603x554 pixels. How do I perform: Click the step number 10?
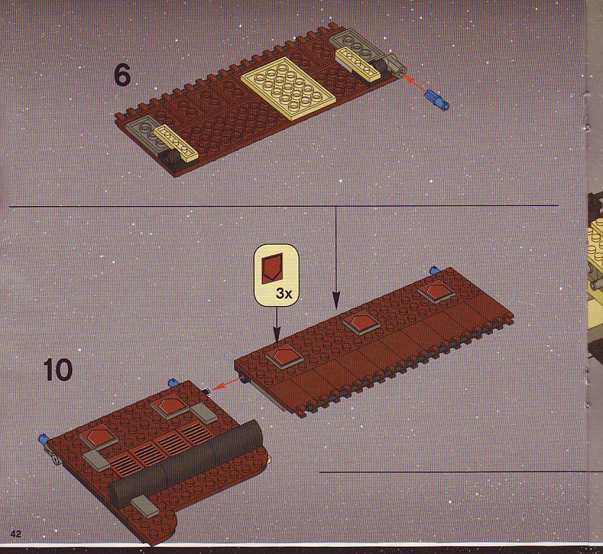tap(58, 370)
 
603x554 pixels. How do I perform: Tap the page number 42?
tap(16, 534)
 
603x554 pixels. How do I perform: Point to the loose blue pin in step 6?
tap(437, 98)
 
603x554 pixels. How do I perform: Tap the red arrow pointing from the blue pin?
tap(414, 84)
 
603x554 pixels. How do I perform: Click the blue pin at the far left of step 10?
tap(44, 439)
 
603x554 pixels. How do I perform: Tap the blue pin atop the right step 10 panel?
tap(435, 270)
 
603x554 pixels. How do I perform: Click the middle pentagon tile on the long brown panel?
tap(361, 324)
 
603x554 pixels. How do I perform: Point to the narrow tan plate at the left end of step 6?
tap(176, 142)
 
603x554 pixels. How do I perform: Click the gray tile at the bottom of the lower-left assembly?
tap(145, 506)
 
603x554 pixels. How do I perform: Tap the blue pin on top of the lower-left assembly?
tap(174, 383)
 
